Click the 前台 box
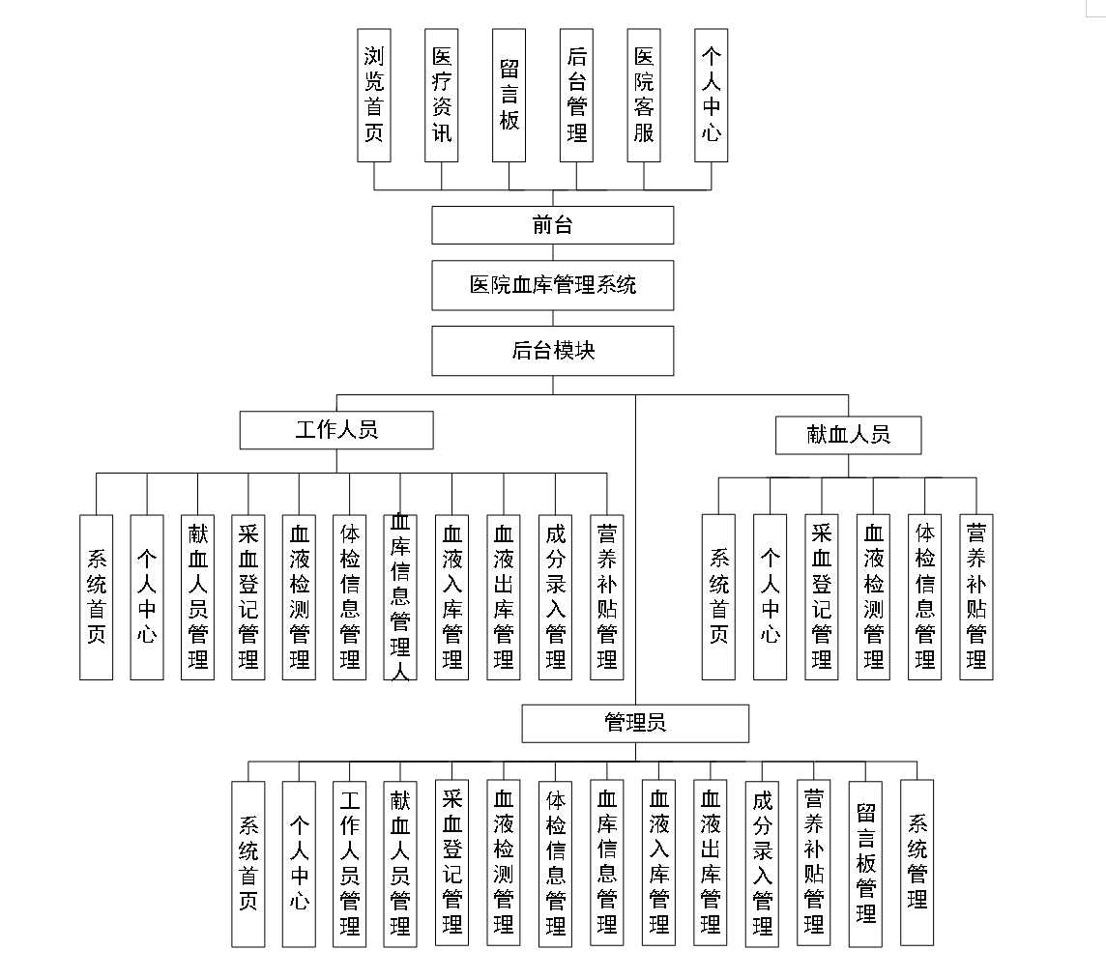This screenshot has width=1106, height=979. pos(552,225)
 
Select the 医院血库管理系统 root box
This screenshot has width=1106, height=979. pos(552,285)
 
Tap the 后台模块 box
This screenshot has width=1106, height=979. pos(552,350)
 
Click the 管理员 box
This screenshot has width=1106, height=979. pos(635,723)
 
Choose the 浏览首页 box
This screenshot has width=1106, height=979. pos(373,95)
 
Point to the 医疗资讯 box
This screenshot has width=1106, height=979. pos(441,95)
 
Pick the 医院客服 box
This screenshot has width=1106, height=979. pos(644,95)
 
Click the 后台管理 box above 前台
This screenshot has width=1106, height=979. pos(576,95)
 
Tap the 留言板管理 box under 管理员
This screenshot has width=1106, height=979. pos(866,862)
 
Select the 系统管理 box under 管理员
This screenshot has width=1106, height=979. pos(917,862)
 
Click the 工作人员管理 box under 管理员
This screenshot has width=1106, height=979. pos(349,862)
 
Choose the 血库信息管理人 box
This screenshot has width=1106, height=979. pos(400,596)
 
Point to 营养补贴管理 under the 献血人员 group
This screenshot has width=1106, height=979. pos(976,596)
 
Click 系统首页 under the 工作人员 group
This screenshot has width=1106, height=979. pos(97,596)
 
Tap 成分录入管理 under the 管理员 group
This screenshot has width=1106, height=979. pos(762,862)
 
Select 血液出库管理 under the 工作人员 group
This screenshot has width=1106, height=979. pos(504,596)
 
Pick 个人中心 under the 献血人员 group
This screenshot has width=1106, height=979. pos(770,596)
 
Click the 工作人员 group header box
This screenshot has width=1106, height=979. pos(336,430)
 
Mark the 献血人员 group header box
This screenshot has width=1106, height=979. pos(848,435)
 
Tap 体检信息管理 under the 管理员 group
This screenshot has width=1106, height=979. pos(556,862)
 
